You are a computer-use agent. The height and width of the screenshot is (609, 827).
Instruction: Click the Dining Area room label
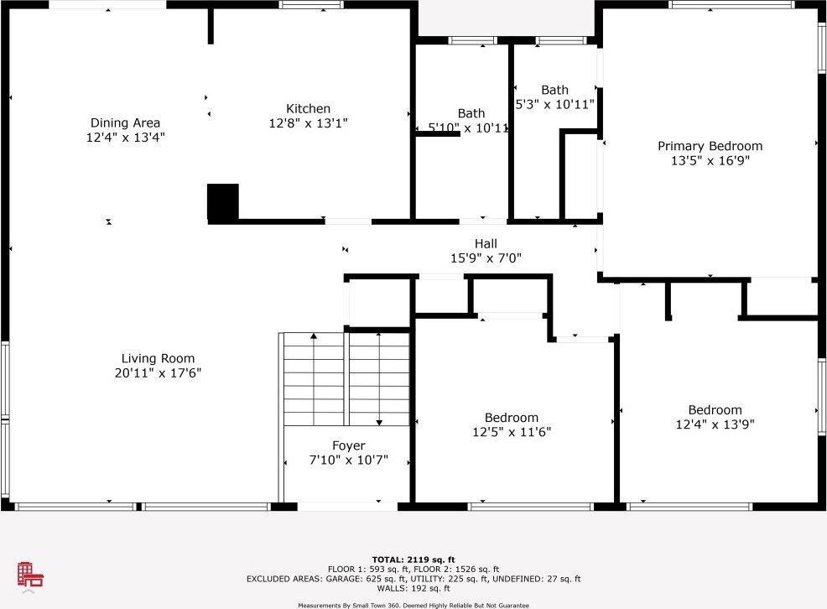pyautogui.click(x=125, y=122)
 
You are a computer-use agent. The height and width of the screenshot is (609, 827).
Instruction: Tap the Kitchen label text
pyautogui.click(x=308, y=108)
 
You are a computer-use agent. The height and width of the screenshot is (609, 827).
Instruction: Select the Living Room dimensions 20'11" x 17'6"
pyautogui.click(x=158, y=372)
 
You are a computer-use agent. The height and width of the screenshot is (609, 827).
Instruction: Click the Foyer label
pyautogui.click(x=348, y=445)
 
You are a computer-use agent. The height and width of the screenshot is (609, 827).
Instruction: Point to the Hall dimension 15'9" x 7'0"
pyautogui.click(x=486, y=258)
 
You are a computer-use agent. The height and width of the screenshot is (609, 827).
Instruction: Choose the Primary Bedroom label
pyautogui.click(x=710, y=146)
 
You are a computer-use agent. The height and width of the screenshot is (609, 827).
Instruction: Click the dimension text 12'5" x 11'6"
pyautogui.click(x=512, y=432)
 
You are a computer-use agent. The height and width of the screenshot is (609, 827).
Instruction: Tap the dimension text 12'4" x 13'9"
pyautogui.click(x=715, y=424)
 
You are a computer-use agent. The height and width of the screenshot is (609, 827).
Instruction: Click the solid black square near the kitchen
pyautogui.click(x=223, y=202)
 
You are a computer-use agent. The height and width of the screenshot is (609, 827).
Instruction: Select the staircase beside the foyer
pyautogui.click(x=346, y=378)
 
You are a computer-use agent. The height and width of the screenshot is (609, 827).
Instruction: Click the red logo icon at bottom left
pyautogui.click(x=30, y=575)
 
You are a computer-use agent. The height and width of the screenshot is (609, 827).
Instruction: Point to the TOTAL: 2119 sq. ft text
pyautogui.click(x=413, y=559)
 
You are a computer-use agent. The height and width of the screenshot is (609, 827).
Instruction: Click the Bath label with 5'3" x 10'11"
pyautogui.click(x=554, y=90)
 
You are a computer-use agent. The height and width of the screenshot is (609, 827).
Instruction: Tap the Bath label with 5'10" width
pyautogui.click(x=471, y=113)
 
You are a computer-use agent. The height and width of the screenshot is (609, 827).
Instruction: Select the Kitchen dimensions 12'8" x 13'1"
pyautogui.click(x=308, y=122)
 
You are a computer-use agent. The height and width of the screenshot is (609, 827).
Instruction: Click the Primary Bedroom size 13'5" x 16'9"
pyautogui.click(x=710, y=160)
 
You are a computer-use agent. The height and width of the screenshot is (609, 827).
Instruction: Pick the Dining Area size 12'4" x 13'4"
pyautogui.click(x=125, y=137)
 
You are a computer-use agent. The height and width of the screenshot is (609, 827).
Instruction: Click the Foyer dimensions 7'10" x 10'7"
pyautogui.click(x=348, y=460)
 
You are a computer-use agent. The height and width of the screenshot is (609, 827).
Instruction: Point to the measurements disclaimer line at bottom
pyautogui.click(x=413, y=605)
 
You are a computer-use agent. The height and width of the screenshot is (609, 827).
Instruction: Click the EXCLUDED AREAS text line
pyautogui.click(x=413, y=579)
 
